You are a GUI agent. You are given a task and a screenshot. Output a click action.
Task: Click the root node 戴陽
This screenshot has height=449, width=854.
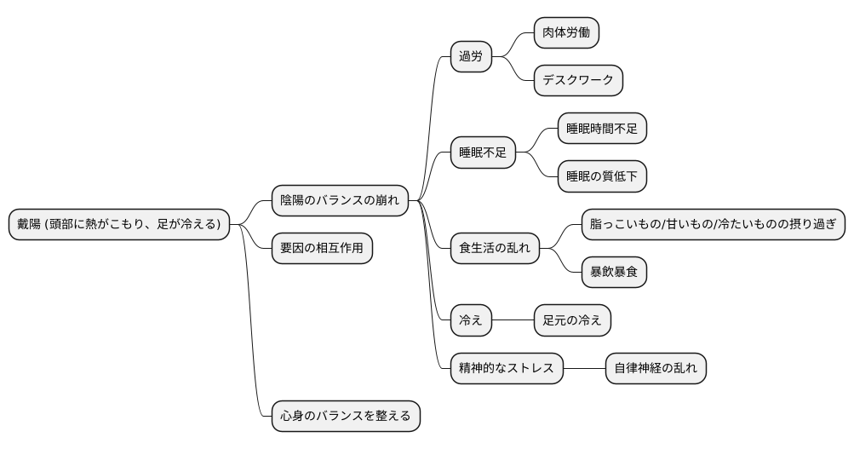click(119, 224)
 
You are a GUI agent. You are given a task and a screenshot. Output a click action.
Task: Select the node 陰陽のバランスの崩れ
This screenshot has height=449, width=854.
click(339, 200)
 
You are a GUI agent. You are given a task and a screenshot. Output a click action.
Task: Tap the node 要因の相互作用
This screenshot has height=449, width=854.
click(322, 249)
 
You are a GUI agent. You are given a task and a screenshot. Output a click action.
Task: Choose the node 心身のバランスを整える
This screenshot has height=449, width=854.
click(346, 416)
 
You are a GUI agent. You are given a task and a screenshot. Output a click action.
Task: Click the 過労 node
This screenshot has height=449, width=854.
click(471, 57)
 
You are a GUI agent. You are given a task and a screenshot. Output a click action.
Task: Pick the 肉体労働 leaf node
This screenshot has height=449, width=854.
click(566, 33)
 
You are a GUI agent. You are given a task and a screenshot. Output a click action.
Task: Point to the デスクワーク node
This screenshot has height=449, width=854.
click(578, 81)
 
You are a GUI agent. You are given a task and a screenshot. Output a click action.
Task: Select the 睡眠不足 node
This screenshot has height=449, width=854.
click(483, 153)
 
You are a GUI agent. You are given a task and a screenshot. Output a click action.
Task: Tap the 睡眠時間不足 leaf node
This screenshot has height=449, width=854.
click(601, 129)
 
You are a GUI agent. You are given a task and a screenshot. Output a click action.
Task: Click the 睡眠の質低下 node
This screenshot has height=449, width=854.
click(601, 176)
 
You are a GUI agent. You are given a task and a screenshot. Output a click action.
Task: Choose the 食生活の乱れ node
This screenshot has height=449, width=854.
click(495, 249)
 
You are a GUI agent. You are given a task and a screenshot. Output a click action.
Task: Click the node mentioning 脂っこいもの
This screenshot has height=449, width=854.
click(713, 225)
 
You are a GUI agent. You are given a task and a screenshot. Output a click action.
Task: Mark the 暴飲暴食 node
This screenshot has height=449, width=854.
click(613, 273)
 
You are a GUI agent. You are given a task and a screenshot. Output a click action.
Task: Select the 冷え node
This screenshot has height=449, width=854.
click(471, 320)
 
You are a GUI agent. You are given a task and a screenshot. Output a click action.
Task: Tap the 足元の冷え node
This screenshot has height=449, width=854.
click(571, 320)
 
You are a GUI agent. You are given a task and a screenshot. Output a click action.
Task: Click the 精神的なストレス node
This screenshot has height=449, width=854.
click(507, 368)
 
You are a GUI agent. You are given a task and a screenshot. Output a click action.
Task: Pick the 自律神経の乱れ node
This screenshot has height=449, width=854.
click(656, 368)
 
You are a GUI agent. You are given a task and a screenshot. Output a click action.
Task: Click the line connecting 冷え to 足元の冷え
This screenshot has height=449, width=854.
click(513, 320)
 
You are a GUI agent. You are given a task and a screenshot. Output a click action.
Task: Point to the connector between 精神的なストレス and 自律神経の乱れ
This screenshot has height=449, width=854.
click(584, 368)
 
